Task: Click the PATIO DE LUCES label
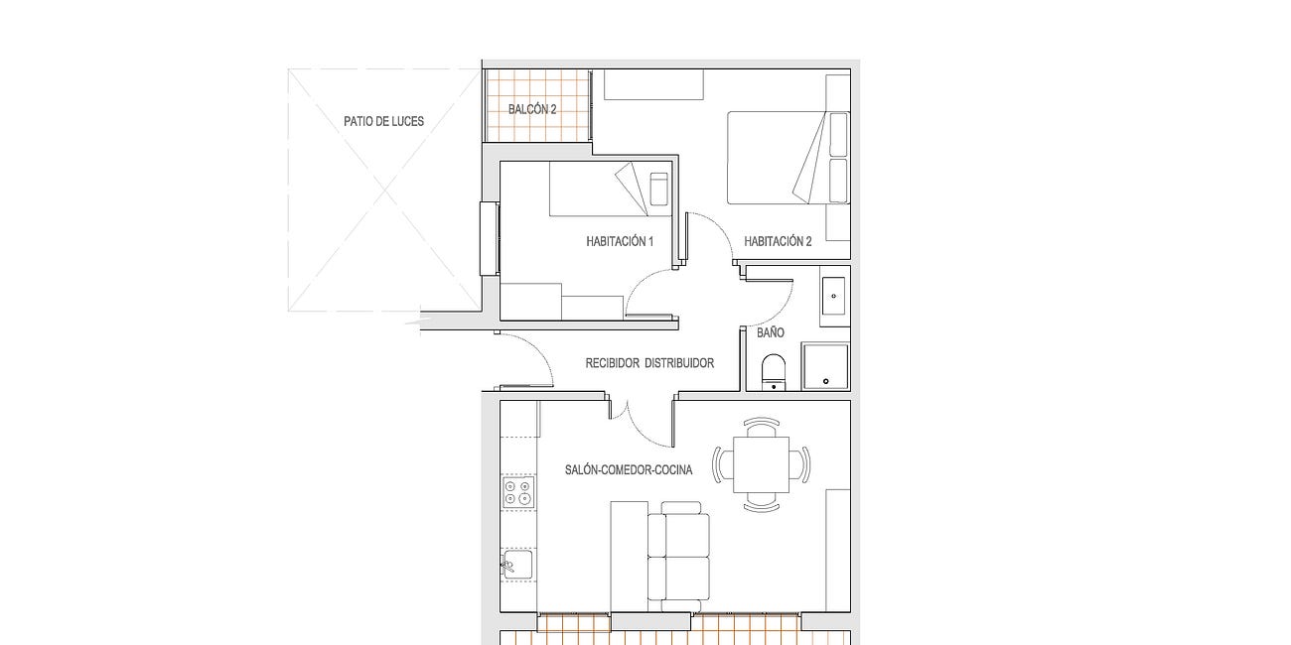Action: [384, 121]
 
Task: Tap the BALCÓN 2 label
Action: [532, 109]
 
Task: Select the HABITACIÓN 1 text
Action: [620, 241]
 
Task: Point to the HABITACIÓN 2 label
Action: [778, 241]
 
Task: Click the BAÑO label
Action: [771, 332]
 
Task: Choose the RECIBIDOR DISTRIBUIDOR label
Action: [649, 363]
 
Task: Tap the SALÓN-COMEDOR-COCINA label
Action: [629, 470]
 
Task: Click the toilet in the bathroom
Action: [774, 372]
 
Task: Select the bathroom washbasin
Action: [833, 296]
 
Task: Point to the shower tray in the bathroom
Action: [825, 366]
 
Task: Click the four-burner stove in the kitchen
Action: [518, 492]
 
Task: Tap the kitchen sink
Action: [518, 564]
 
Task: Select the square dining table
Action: [761, 464]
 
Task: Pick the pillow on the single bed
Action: [658, 189]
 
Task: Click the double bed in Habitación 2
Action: [789, 158]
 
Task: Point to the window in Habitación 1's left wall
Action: [490, 238]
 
